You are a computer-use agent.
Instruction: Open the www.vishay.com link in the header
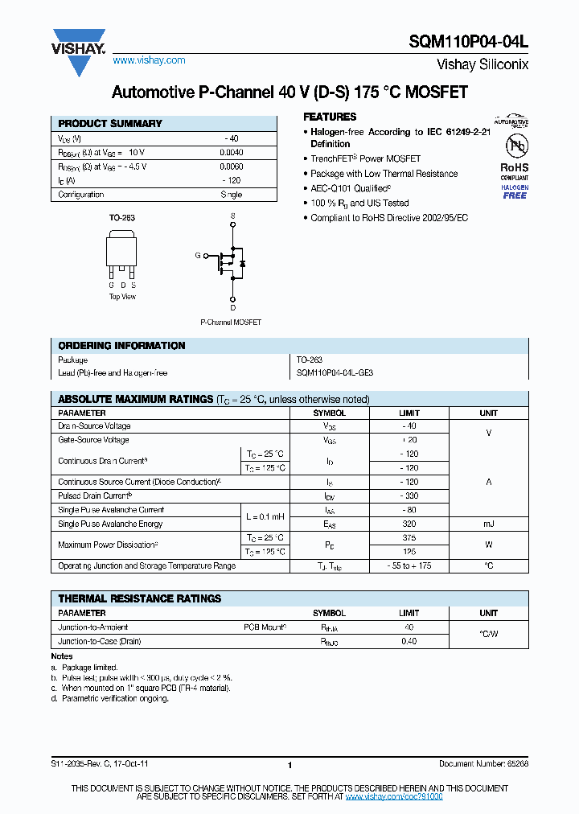click(149, 60)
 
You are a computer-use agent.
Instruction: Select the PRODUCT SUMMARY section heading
click(110, 124)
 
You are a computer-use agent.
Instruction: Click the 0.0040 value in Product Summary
click(231, 152)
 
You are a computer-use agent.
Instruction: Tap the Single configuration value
click(231, 195)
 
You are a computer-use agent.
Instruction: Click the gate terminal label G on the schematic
click(197, 256)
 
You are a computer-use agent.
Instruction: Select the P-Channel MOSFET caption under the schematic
click(231, 323)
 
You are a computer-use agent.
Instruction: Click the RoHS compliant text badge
click(515, 172)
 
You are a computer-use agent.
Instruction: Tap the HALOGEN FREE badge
click(515, 191)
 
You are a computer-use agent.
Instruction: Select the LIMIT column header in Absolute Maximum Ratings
click(409, 413)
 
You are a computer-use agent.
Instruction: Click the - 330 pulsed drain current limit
click(409, 495)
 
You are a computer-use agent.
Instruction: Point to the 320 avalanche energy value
click(409, 524)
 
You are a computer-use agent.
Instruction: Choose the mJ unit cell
click(488, 524)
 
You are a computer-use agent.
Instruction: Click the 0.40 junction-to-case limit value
click(409, 641)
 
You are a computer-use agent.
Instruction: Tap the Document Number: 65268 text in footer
click(483, 764)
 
